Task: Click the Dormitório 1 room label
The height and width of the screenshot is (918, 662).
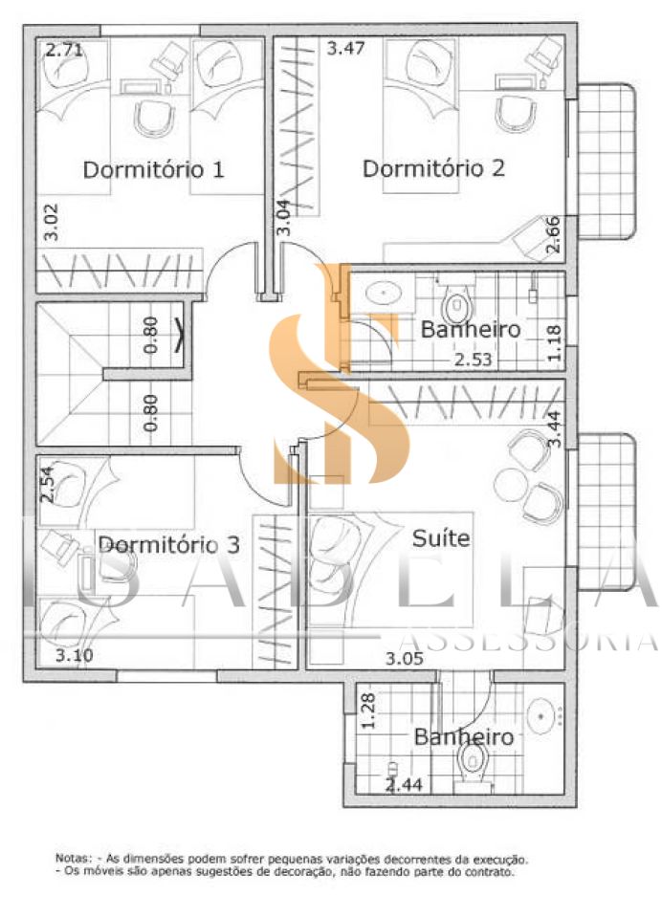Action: [x=153, y=170]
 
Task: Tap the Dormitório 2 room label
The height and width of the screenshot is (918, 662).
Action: [x=433, y=168]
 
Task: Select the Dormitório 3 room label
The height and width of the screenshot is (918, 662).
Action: [x=168, y=545]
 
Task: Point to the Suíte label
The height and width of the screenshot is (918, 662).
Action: [x=441, y=537]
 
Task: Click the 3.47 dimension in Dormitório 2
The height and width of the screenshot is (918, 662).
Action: [x=345, y=48]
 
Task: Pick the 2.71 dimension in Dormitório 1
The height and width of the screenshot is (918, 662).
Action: [x=64, y=50]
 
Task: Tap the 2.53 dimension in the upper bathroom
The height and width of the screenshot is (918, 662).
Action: [x=474, y=359]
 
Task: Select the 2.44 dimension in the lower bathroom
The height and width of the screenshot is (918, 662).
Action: [x=404, y=784]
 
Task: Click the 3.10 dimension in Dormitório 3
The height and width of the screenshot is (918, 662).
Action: [x=75, y=655]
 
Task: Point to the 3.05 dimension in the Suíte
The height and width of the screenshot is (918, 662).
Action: [x=405, y=659]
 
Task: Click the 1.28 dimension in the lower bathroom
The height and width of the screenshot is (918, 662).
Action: [x=368, y=710]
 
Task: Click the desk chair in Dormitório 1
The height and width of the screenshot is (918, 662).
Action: [x=155, y=118]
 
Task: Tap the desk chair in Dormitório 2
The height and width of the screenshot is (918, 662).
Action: [x=516, y=114]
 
